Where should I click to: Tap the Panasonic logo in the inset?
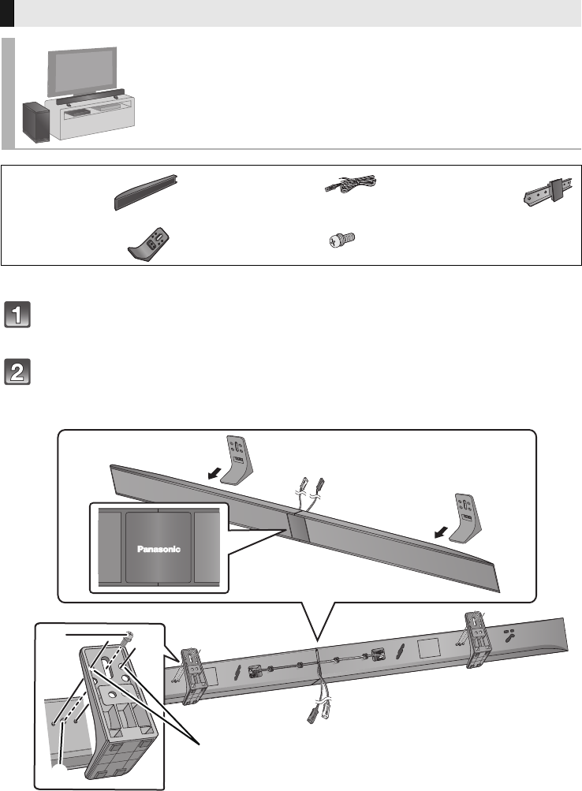tap(159, 550)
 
